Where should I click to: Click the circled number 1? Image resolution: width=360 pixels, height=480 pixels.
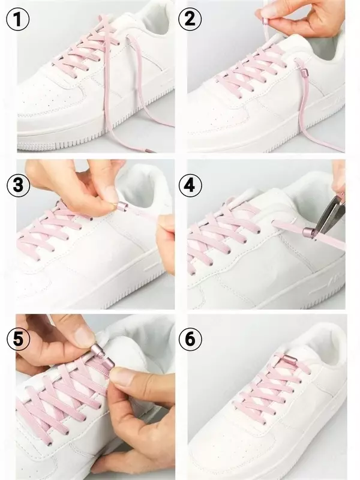coord(18,19)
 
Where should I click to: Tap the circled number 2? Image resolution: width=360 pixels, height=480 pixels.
coord(190,19)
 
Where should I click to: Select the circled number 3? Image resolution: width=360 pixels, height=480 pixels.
coord(18,185)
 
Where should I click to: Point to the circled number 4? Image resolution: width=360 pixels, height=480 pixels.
coord(190,185)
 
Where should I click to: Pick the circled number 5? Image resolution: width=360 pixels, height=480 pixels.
coord(18,339)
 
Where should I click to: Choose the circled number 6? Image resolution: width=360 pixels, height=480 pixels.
coord(190,339)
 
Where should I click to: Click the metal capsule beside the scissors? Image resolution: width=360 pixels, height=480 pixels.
coord(309,232)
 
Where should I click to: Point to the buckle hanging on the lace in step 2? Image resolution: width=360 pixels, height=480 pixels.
coord(304,73)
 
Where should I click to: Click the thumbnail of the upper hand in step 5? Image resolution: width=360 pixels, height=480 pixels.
coord(84,336)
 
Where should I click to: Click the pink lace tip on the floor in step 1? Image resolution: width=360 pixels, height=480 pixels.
coord(148,151)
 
